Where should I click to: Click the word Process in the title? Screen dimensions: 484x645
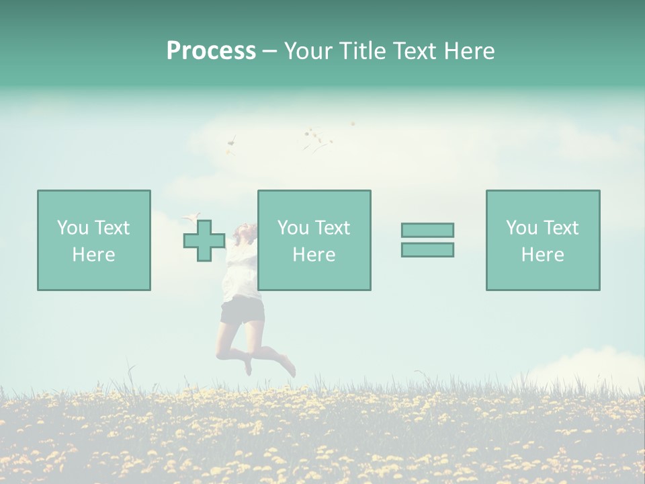(211, 51)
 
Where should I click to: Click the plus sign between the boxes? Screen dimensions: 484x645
(204, 240)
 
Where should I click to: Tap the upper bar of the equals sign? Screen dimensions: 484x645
(427, 230)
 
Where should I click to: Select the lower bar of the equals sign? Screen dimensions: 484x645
(427, 249)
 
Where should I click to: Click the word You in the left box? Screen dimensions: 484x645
(73, 228)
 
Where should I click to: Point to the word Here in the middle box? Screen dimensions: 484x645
(314, 255)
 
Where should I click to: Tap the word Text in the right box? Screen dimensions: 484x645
(560, 228)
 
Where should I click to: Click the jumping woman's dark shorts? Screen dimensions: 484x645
(242, 311)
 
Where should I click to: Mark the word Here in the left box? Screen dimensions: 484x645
(93, 255)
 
